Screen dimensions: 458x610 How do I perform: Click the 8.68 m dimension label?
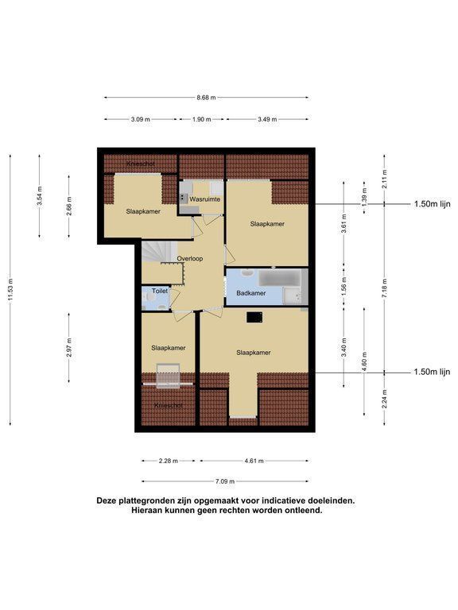[206, 98]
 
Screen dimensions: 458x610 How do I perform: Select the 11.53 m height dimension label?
[10, 289]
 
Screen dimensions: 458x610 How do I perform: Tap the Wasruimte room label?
[205, 199]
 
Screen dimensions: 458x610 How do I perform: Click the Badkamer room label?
[251, 293]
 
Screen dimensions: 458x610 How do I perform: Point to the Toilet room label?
[160, 291]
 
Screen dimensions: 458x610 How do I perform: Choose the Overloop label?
[190, 258]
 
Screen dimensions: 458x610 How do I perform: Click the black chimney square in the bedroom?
[254, 318]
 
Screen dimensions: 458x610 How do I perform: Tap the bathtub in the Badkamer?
[280, 279]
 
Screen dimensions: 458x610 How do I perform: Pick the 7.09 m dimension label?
[225, 481]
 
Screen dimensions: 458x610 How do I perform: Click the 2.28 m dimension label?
[169, 461]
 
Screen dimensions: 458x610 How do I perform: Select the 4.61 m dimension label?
[254, 461]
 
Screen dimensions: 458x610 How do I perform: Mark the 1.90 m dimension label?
[201, 119]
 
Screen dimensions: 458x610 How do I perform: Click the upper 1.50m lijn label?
[433, 204]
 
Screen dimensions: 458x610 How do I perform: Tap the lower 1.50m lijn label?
[432, 372]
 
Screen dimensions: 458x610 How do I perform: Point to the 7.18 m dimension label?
[384, 288]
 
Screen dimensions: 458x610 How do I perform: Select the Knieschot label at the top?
[141, 164]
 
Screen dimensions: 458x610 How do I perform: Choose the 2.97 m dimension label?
[69, 347]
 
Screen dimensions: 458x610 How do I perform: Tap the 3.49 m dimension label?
[267, 119]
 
